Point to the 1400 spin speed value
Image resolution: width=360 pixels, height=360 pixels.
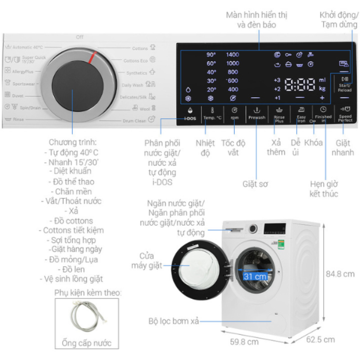(x=232, y=55)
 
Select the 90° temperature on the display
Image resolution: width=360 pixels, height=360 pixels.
(x=211, y=55)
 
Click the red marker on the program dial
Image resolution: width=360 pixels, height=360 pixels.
(x=93, y=57)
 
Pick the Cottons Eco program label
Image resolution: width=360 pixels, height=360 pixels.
(x=135, y=61)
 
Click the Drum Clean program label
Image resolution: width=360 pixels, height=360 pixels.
(x=134, y=120)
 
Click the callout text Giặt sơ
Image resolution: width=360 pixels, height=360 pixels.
(x=256, y=183)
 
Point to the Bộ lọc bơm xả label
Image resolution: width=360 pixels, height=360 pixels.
(x=173, y=321)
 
